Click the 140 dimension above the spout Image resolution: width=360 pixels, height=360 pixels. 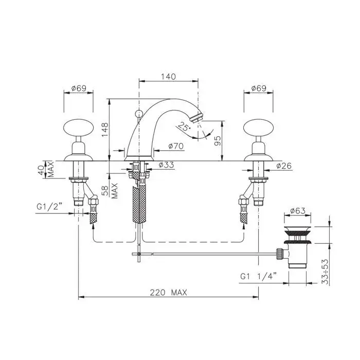click(x=168, y=76)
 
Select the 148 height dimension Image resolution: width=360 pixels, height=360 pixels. click(x=105, y=130)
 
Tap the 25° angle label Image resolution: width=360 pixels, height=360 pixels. click(x=184, y=127)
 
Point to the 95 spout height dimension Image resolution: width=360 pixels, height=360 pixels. click(x=218, y=140)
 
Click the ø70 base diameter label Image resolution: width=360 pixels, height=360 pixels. click(x=176, y=146)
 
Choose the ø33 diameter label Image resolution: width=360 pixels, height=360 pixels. click(x=166, y=165)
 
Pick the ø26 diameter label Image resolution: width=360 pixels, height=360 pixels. click(x=284, y=166)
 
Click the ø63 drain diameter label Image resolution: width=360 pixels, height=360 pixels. click(x=298, y=211)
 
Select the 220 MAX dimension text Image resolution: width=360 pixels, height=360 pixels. click(x=169, y=293)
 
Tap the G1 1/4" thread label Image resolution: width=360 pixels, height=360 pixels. click(x=259, y=276)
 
